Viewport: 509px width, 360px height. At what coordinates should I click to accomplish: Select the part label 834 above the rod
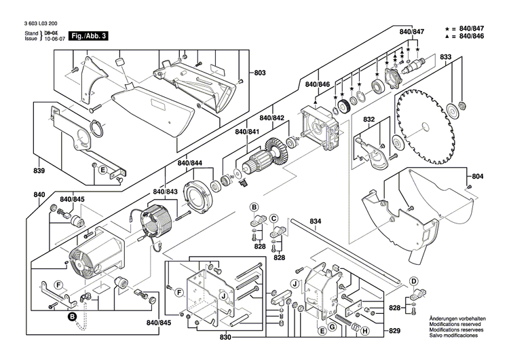tap(315, 221)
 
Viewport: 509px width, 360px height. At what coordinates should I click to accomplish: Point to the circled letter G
tap(332, 327)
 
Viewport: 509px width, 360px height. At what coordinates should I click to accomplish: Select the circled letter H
tap(365, 331)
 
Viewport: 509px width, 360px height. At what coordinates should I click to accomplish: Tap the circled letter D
tap(413, 281)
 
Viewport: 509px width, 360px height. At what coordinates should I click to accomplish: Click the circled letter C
tap(275, 219)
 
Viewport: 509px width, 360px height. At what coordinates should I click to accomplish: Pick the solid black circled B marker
tap(72, 316)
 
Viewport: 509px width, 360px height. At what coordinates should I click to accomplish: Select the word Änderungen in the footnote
tap(444, 319)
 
